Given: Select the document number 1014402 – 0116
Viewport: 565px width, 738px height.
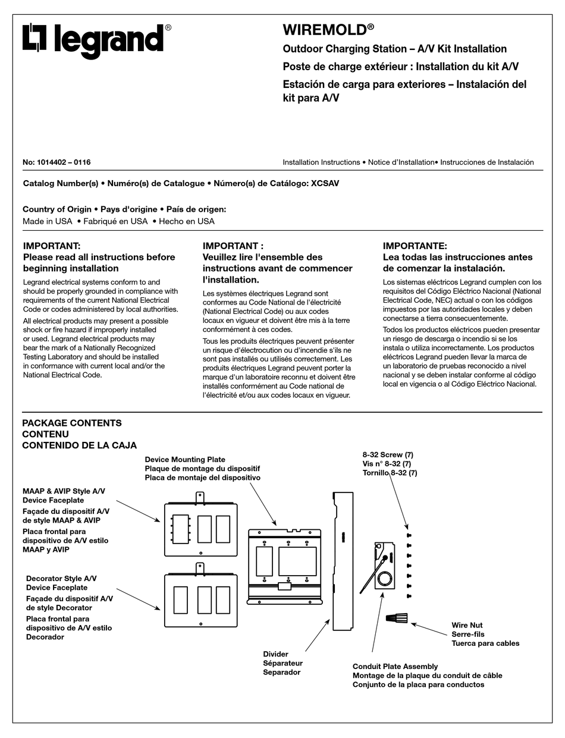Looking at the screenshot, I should point(56,162).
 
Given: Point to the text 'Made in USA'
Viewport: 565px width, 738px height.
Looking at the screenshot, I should point(48,221).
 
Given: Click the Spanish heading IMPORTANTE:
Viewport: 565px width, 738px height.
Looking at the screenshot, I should point(415,246).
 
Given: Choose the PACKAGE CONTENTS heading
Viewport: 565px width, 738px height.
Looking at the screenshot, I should point(71,423).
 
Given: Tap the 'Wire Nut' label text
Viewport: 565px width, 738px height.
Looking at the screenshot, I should point(467,625).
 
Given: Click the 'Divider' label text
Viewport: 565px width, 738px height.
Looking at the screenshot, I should point(275,654).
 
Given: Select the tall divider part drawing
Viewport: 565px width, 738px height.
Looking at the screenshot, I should point(343,561).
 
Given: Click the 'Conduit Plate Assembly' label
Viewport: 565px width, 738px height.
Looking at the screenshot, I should point(395,667).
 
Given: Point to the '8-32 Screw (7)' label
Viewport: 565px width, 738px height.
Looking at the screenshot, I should point(388,455).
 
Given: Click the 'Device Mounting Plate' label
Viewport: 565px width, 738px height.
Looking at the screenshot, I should point(185,460).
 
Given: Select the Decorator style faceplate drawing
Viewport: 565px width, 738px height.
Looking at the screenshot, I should point(200,599).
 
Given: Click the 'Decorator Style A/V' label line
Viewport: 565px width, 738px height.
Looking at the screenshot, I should point(61,578).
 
